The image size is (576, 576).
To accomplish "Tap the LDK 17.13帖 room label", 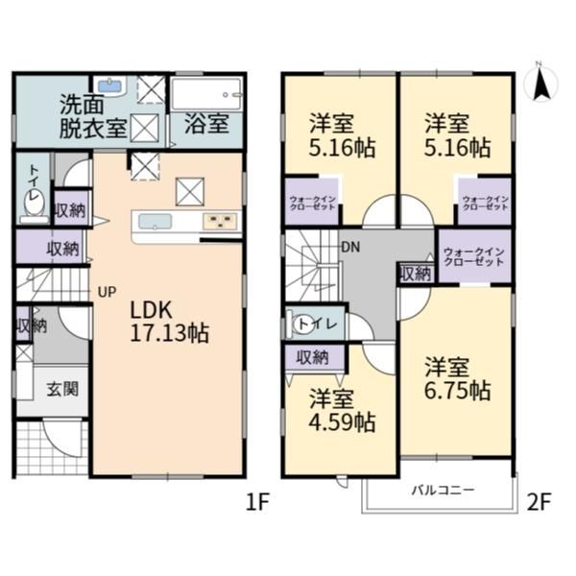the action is pos(169,323).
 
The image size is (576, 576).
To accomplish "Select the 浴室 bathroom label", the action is pos(206,124).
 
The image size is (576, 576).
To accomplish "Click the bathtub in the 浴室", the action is pos(206,94).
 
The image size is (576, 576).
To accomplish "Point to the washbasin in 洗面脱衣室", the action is pos(110,86).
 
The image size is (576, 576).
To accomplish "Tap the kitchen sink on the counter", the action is pos(155,222).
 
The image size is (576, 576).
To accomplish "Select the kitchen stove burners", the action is pos(220,222).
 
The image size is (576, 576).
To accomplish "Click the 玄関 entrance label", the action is pos(62,389).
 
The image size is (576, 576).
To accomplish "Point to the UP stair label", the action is pos(108,292).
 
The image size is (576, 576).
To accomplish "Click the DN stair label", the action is pos(350,248).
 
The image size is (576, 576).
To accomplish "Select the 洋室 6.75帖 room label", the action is pos(458,378).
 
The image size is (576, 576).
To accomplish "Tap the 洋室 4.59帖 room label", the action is pos(342,410).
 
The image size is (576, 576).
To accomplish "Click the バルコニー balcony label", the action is pos(443,490).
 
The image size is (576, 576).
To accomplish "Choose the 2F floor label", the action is pos(539,502).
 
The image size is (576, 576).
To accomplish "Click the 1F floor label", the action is pos(257,502).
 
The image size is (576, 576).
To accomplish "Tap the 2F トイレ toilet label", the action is pos(318,324).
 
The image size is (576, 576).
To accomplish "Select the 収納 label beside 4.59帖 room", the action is pos(313,357).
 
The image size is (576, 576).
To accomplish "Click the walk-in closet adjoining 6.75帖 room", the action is pos(474,256).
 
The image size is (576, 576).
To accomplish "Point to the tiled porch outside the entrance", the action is pos(52,447).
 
